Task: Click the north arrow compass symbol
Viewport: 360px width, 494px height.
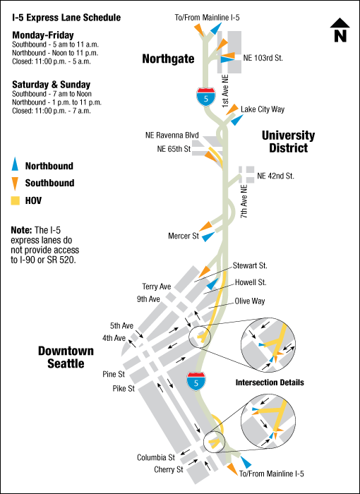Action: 340,30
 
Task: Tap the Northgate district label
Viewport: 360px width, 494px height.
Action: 168,59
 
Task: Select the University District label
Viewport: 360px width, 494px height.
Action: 288,142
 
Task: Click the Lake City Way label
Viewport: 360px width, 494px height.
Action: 263,109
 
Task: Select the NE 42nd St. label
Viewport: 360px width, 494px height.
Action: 275,175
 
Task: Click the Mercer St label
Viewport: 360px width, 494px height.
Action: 184,235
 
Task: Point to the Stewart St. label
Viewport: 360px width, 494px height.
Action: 249,266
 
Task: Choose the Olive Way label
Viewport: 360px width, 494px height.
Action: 251,300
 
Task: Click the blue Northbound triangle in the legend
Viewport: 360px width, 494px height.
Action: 16,166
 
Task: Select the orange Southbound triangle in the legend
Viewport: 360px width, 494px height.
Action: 16,183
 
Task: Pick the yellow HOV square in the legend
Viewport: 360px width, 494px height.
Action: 16,201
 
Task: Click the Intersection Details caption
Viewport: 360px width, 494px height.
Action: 270,382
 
